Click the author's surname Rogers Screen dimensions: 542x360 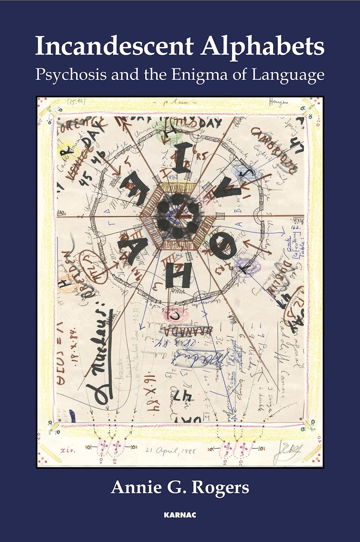(220, 488)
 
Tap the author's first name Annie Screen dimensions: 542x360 (132, 488)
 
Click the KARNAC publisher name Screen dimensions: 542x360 (180, 515)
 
